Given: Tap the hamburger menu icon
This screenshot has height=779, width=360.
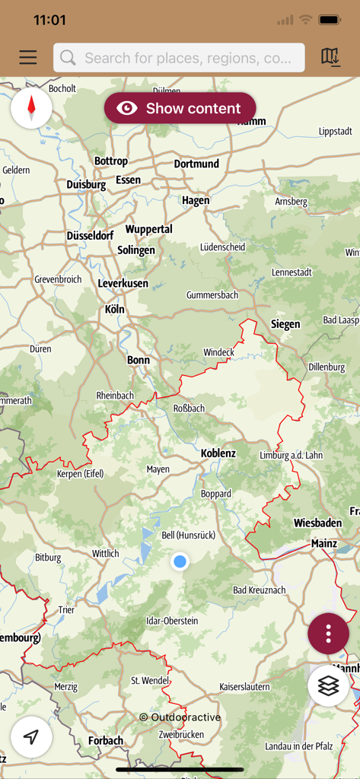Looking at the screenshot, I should pos(28,58).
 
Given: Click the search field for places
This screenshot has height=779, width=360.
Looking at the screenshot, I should pos(179,58).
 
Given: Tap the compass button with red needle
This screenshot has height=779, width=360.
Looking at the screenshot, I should pos(31,108).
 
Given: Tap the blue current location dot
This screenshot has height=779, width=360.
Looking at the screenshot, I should pos(180,561).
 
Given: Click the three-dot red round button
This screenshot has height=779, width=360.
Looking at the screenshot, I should pos(328,634).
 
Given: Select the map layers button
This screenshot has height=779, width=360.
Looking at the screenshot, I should pos(328,685).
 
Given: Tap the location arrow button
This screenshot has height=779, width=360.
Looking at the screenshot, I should pos(31,736).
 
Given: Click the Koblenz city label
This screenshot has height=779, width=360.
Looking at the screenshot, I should pos(218,453).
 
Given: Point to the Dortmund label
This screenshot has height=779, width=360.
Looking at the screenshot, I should pos(196,164).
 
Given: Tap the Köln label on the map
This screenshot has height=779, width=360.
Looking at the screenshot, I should pos(114,310).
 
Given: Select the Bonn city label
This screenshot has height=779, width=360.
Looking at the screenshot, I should pos(139,360).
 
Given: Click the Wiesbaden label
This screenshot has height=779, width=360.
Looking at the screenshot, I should pos(318,523).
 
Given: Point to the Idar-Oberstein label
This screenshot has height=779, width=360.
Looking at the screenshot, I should pos(172,621).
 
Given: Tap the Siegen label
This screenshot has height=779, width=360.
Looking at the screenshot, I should pos(285,324).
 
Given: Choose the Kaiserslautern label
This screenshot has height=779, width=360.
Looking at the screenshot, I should pos(244,686).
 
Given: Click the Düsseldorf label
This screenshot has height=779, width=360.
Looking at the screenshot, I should pos(90,236).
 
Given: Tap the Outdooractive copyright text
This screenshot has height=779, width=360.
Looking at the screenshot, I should pos(180,717).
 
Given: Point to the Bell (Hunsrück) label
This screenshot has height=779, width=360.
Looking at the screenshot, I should pos(189,536).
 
